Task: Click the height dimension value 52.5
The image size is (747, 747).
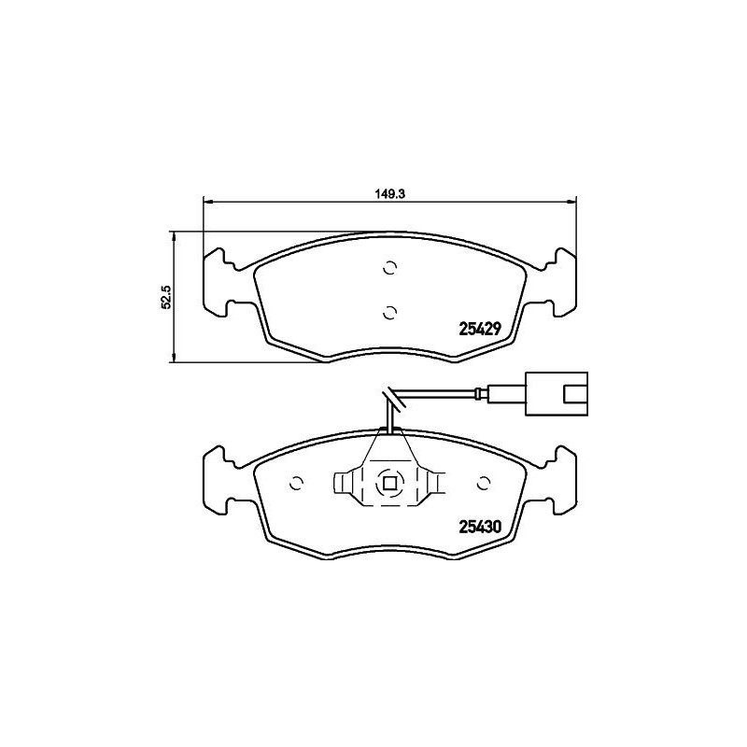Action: click(166, 297)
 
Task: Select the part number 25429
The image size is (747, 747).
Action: click(481, 329)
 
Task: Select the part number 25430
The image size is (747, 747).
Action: click(481, 526)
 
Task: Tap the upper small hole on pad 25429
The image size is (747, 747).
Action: click(390, 269)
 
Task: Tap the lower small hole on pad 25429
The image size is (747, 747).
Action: click(390, 311)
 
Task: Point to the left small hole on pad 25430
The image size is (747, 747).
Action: click(297, 484)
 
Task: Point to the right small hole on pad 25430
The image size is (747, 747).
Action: click(484, 484)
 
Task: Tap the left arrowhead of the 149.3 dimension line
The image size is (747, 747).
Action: click(208, 200)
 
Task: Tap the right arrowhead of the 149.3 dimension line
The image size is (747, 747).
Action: click(572, 200)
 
